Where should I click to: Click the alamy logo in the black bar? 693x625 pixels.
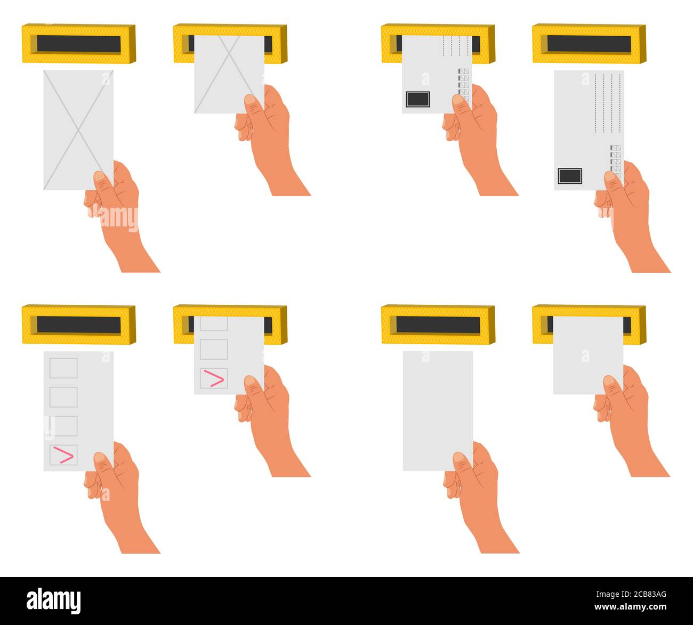pyautogui.click(x=53, y=601)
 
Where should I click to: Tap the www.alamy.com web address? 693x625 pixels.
pyautogui.click(x=631, y=607)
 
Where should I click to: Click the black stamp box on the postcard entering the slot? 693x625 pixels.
pyautogui.click(x=417, y=99)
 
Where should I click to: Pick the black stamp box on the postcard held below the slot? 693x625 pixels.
pyautogui.click(x=570, y=176)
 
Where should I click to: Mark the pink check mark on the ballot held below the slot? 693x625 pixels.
pyautogui.click(x=63, y=455)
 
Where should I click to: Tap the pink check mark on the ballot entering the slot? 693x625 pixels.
pyautogui.click(x=214, y=378)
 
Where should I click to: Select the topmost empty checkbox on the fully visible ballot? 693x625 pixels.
pyautogui.click(x=63, y=368)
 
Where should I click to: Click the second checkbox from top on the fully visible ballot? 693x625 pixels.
pyautogui.click(x=63, y=397)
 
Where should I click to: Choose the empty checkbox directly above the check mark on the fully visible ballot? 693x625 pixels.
pyautogui.click(x=63, y=426)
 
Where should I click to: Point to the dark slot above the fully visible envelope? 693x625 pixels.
pyautogui.click(x=79, y=44)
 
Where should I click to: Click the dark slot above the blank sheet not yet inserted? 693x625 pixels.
pyautogui.click(x=438, y=325)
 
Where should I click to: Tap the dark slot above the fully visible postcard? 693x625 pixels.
pyautogui.click(x=589, y=44)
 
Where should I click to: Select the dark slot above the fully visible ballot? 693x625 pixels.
pyautogui.click(x=79, y=325)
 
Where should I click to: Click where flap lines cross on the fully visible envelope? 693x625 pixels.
pyautogui.click(x=78, y=131)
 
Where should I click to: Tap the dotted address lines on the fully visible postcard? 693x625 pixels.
pyautogui.click(x=608, y=103)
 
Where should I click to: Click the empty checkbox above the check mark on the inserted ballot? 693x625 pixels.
pyautogui.click(x=214, y=349)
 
